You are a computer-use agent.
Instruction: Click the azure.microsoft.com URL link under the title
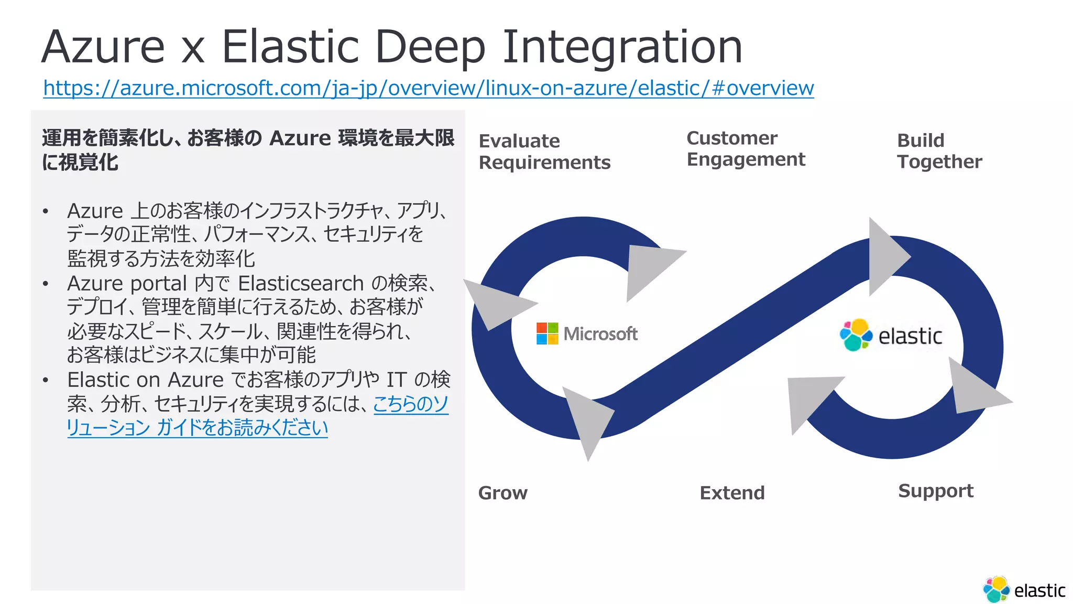point(428,88)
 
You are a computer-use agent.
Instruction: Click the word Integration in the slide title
point(622,47)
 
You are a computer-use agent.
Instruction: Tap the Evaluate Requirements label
point(544,152)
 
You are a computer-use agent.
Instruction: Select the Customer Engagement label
point(745,148)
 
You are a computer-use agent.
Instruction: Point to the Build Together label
point(939,151)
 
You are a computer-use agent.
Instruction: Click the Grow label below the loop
point(502,493)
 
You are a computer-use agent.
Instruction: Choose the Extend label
point(732,493)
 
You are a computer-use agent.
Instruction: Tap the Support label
point(935,491)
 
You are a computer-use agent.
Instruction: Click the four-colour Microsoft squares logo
point(547,333)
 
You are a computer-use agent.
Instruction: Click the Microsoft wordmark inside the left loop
point(600,334)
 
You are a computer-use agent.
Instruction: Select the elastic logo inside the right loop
point(891,335)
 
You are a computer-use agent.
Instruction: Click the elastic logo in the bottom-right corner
point(1024,590)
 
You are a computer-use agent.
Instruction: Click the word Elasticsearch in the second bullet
point(301,284)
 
